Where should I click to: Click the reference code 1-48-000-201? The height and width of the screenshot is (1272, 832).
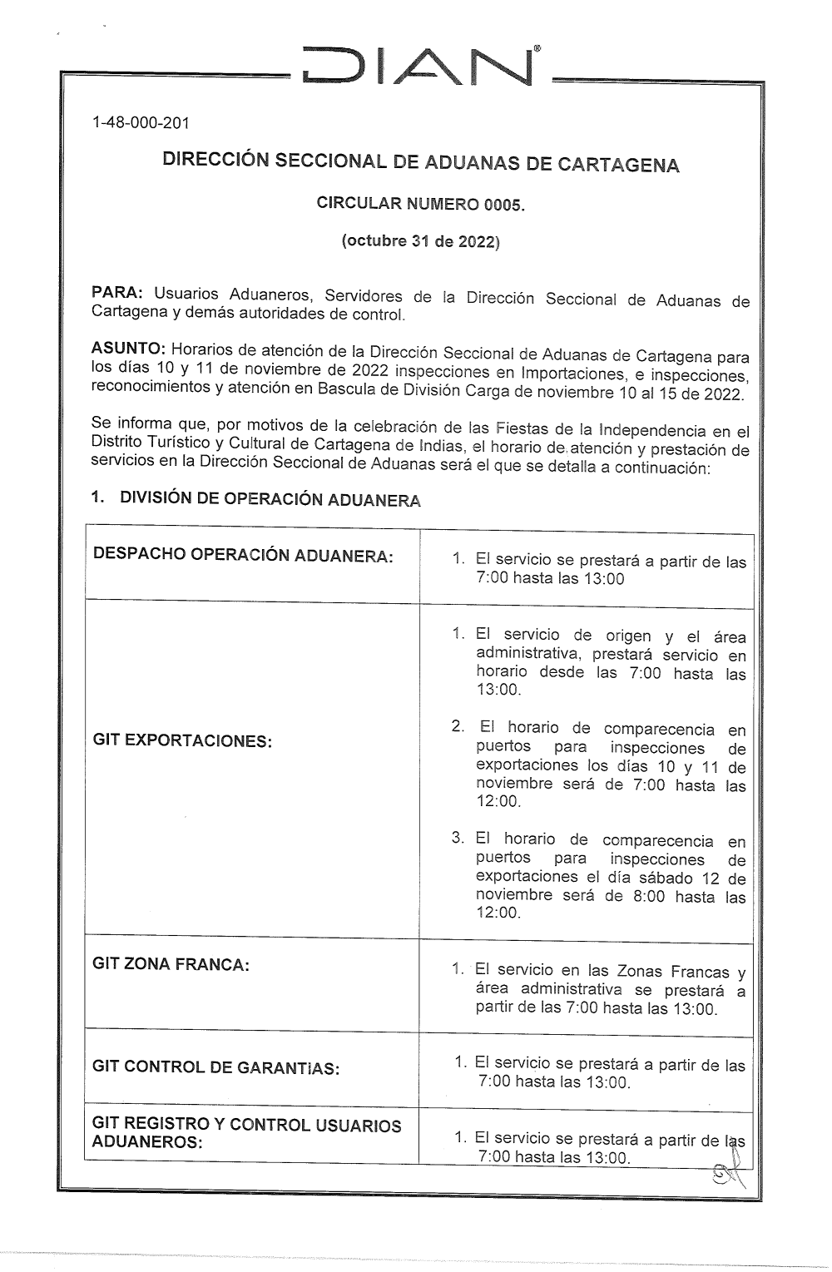click(141, 123)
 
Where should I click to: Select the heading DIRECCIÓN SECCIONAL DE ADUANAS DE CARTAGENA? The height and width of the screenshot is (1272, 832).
click(420, 161)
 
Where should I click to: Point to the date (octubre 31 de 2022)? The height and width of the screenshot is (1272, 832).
click(420, 242)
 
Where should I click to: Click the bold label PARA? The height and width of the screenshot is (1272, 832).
click(117, 293)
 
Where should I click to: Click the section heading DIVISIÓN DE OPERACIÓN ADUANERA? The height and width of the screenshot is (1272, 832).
click(270, 499)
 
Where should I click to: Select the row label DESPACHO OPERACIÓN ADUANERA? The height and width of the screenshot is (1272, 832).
click(243, 555)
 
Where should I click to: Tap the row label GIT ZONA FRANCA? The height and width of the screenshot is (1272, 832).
click(171, 964)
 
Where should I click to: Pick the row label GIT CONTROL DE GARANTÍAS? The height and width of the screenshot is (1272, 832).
click(215, 1067)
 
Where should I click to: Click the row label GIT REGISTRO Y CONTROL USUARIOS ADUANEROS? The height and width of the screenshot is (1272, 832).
click(246, 1133)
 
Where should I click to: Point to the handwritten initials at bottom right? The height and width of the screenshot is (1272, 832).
click(729, 1175)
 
